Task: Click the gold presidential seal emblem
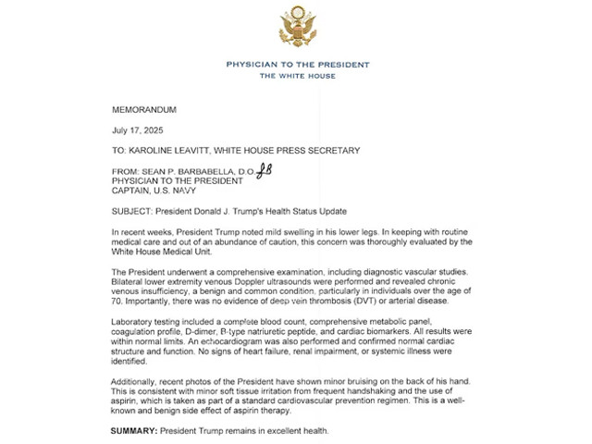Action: click(297, 28)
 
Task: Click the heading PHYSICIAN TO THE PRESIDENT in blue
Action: click(297, 65)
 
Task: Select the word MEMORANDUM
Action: click(143, 110)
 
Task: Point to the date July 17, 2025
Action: click(136, 130)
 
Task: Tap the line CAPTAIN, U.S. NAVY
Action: click(156, 191)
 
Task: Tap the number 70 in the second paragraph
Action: click(115, 302)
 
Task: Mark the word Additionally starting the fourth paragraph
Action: click(135, 381)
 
